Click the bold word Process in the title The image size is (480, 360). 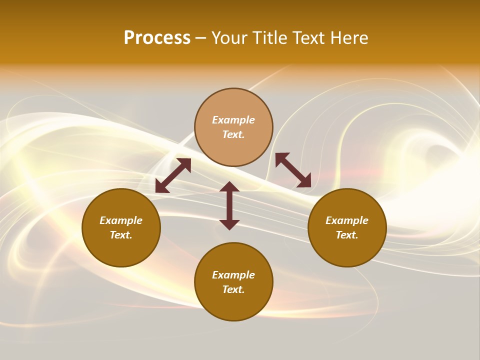click(157, 38)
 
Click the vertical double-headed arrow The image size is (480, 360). click(229, 205)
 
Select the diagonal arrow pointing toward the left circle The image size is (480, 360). click(173, 175)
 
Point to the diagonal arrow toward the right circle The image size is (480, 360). click(293, 170)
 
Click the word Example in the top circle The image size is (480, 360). click(233, 120)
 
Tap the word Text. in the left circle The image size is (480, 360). click(121, 235)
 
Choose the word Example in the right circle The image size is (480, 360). click(347, 220)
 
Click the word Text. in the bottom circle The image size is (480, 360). click(233, 289)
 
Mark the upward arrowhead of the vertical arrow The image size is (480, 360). click(229, 186)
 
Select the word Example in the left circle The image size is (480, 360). click(121, 220)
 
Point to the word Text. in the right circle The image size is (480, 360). click(347, 235)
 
